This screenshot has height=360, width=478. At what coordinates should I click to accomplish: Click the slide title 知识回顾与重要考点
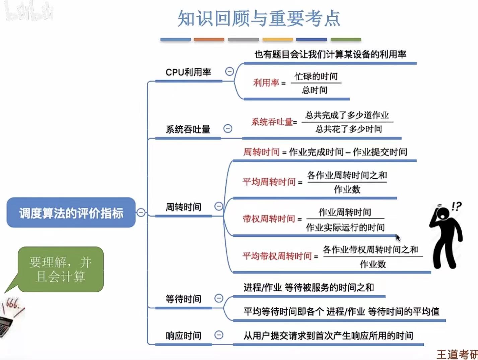[x=259, y=18]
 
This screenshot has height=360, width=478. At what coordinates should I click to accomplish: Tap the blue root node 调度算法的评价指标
[x=71, y=213]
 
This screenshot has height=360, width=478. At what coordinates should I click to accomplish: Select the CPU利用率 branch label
[x=188, y=72]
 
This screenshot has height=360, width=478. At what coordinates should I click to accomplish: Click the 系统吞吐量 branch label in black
[x=188, y=129]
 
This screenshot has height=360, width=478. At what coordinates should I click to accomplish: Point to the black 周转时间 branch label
[x=183, y=207]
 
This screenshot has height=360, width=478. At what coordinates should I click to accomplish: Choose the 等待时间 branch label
[x=183, y=299]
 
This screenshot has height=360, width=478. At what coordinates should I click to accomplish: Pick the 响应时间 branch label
[x=183, y=336]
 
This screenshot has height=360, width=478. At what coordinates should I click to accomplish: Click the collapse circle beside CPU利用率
[x=229, y=71]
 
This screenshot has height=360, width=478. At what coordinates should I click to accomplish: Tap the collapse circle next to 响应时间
[x=219, y=335]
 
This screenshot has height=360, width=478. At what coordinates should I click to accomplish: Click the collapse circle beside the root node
[x=141, y=213]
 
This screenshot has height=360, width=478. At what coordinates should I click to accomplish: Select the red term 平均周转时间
[x=269, y=182]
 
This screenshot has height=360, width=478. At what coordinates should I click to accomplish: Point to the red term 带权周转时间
[x=269, y=219]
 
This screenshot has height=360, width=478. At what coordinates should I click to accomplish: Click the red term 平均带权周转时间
[x=277, y=256]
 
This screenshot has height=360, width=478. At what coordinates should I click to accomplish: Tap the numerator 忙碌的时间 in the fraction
[x=316, y=76]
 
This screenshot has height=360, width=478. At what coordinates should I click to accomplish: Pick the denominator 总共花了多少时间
[x=348, y=129]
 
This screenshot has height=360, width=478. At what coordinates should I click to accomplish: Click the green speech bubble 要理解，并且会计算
[x=61, y=269]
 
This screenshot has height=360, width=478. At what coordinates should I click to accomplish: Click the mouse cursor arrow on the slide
[x=398, y=238]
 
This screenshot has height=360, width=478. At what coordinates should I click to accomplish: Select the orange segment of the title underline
[x=209, y=40]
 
